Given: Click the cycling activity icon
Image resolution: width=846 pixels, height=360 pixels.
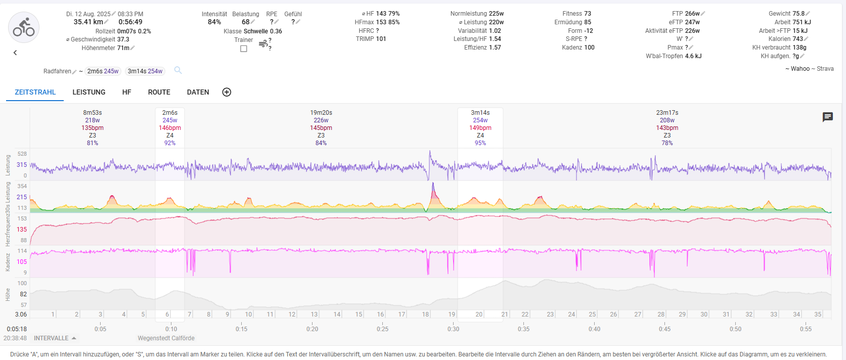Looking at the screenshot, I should [24, 27].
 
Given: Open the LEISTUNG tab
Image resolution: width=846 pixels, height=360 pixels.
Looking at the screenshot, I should [89, 92].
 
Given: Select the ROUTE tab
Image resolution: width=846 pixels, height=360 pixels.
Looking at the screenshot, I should [159, 92].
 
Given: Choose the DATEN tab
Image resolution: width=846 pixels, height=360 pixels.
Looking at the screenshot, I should [198, 92].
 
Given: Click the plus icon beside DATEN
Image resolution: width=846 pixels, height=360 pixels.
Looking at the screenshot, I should [227, 92].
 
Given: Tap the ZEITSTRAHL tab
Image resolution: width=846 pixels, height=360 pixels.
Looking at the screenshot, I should [35, 92].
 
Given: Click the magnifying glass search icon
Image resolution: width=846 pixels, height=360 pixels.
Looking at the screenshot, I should [178, 70].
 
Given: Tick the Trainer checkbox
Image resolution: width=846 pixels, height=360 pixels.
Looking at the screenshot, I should [244, 49].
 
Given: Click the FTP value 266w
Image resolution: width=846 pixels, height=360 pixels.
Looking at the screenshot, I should [692, 14].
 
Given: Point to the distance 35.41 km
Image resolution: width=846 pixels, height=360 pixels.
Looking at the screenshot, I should [88, 22].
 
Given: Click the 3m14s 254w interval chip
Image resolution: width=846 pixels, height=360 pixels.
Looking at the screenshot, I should [145, 71].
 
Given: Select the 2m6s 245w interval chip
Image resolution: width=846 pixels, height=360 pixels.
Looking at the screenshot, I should [103, 71].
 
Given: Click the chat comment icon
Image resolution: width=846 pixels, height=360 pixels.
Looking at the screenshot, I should [827, 117].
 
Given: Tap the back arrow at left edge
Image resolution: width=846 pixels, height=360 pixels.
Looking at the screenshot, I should [15, 53].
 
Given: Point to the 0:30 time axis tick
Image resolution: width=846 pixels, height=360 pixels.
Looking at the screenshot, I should [453, 329].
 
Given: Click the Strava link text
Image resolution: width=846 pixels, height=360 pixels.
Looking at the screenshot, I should [825, 69].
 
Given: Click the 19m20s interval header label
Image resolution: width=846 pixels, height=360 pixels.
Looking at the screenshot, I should [321, 113].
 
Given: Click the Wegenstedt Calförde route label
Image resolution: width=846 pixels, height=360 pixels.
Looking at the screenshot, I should [166, 338].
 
